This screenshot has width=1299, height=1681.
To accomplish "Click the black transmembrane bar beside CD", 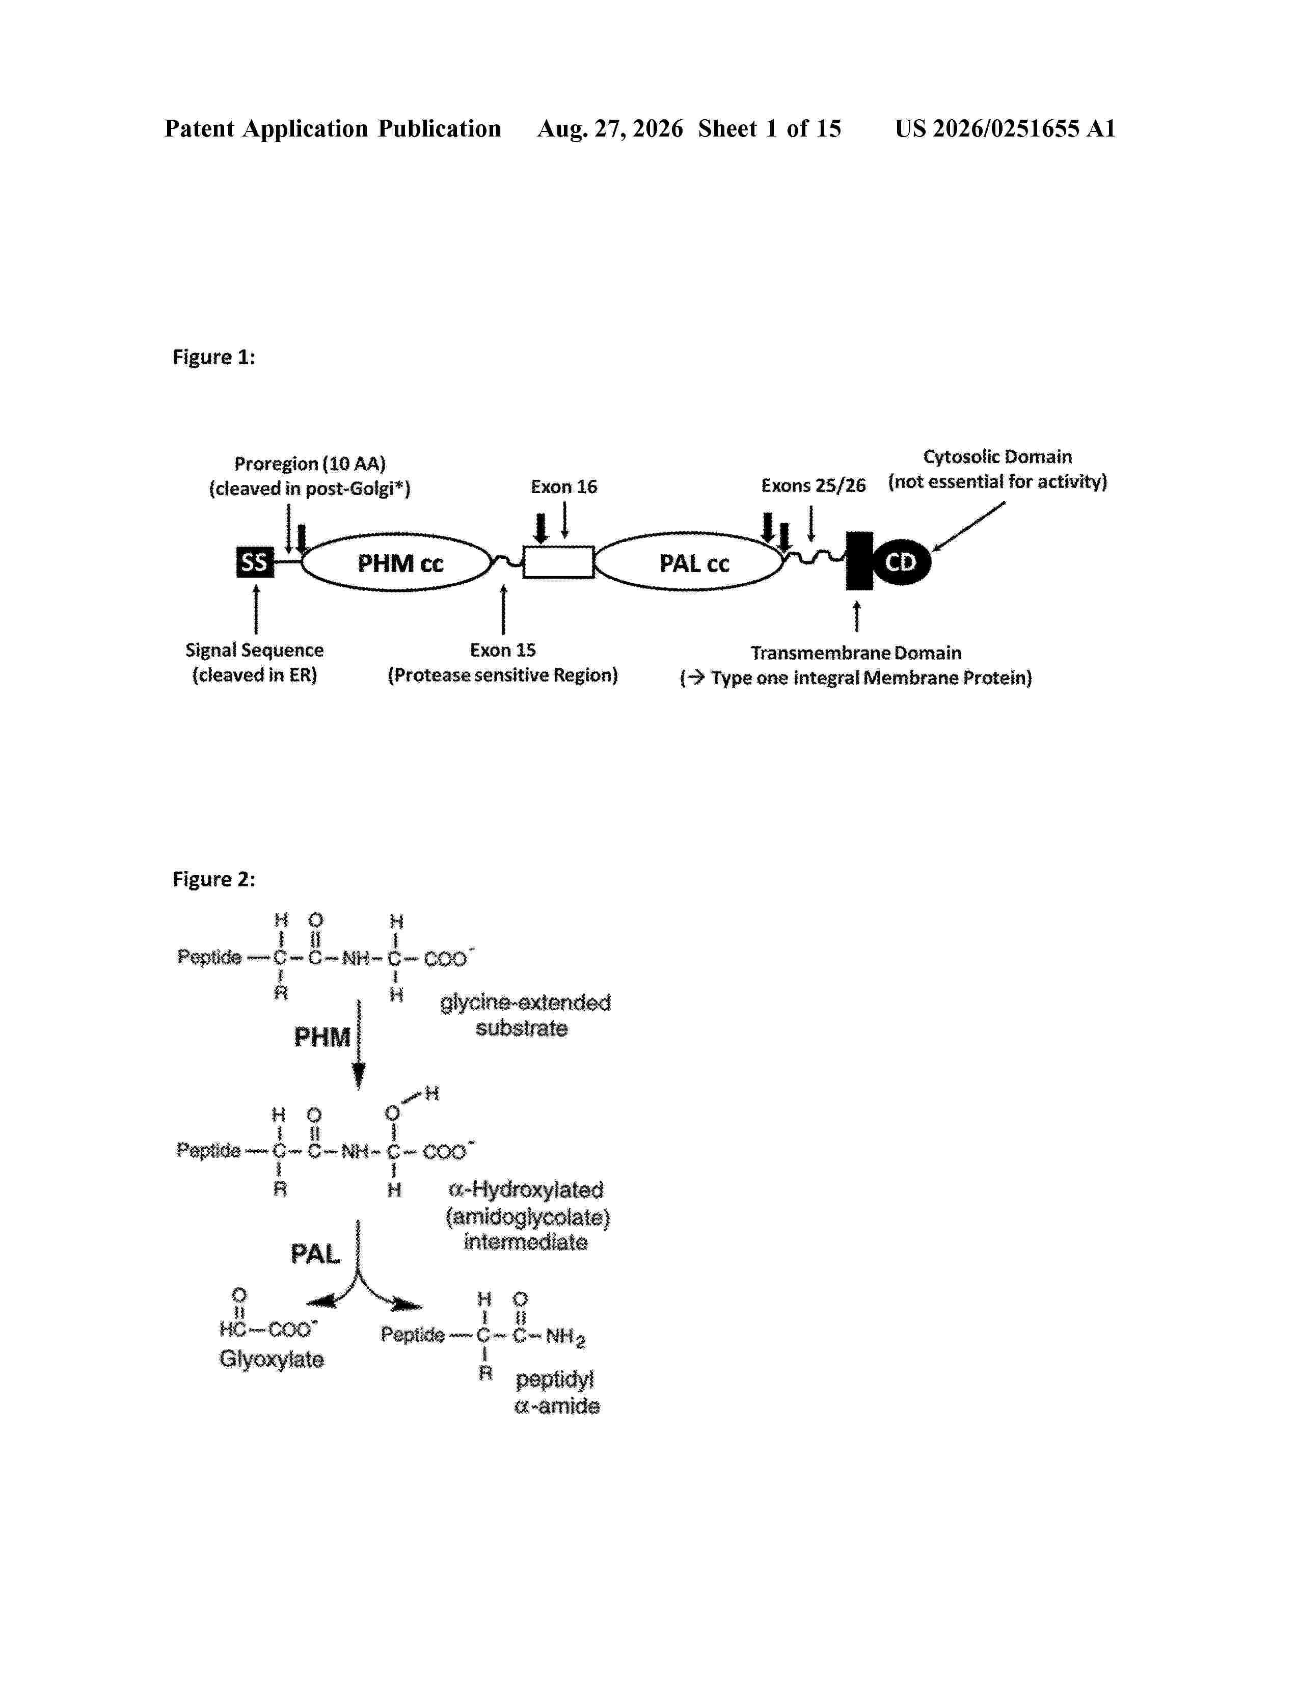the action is pyautogui.click(x=859, y=561).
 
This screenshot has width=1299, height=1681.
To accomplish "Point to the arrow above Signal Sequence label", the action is pyautogui.click(x=256, y=609).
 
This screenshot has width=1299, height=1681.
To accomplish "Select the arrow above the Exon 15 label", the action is pyautogui.click(x=503, y=609).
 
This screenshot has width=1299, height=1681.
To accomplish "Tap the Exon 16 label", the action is pyautogui.click(x=564, y=486).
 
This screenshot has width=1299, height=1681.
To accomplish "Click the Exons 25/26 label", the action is pyautogui.click(x=814, y=485).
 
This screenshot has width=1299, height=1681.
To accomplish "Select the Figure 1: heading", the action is pyautogui.click(x=214, y=357).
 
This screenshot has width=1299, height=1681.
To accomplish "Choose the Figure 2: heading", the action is pyautogui.click(x=214, y=879).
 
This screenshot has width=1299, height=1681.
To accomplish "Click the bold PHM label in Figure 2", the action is pyautogui.click(x=322, y=1038).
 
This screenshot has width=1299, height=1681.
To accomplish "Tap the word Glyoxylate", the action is pyautogui.click(x=272, y=1359).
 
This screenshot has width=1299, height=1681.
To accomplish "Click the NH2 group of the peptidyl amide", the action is pyautogui.click(x=565, y=1337).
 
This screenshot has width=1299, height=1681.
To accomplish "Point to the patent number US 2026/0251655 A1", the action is pyautogui.click(x=1005, y=128).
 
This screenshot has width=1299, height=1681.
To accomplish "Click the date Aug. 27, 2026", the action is pyautogui.click(x=610, y=128).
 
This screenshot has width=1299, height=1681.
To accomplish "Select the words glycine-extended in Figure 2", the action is pyautogui.click(x=526, y=1003).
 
